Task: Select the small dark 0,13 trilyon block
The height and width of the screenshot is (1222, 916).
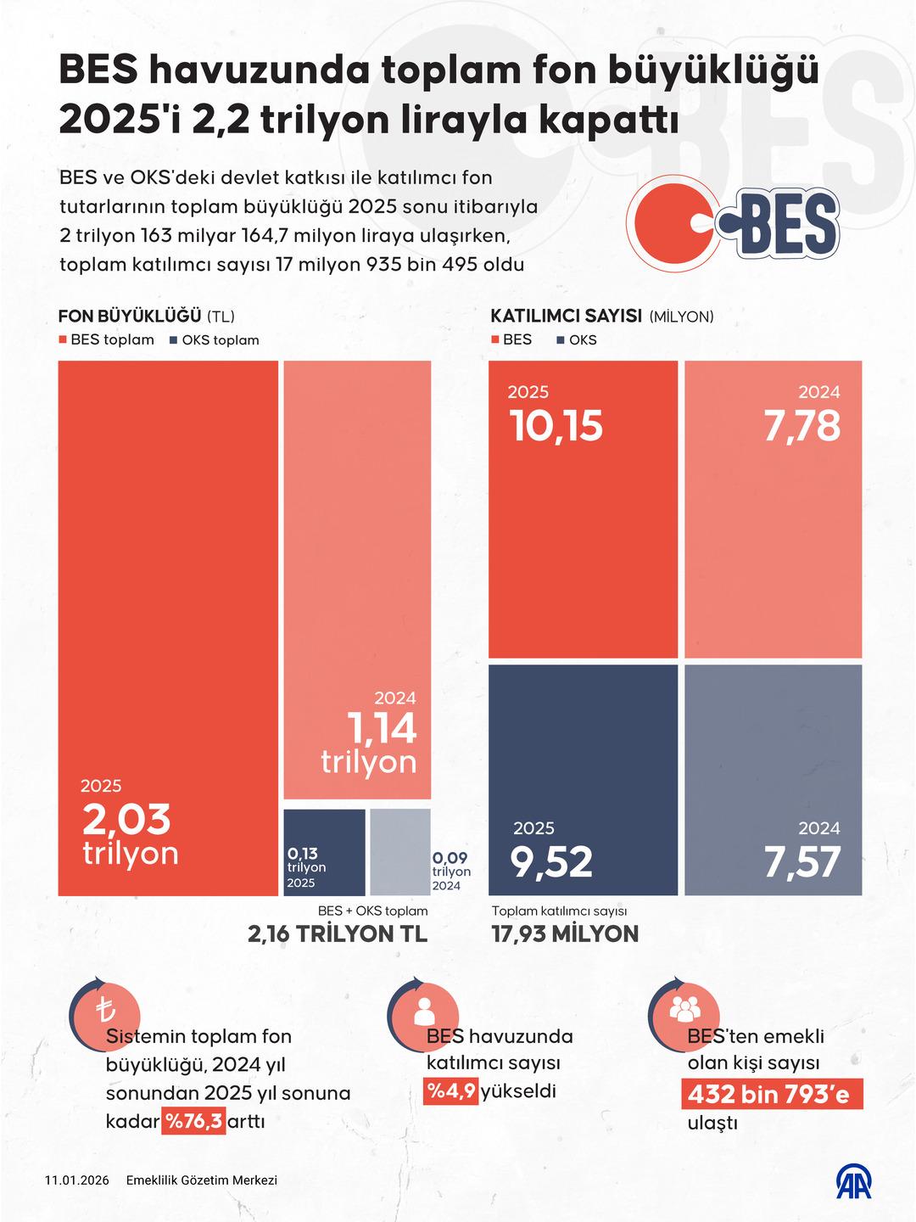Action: coord(324,852)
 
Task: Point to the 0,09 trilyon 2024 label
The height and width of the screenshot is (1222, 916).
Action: coord(450,871)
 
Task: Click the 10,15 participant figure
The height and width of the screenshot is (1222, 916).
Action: coord(556,425)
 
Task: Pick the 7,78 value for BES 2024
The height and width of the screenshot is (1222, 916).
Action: coord(801,425)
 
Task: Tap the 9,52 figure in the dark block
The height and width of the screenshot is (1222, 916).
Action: coord(551,862)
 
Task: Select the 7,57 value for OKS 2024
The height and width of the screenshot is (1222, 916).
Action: coord(801,862)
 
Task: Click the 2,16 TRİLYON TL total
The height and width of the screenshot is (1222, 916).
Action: coord(338,934)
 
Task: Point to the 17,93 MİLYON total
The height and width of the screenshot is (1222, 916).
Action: coord(565,934)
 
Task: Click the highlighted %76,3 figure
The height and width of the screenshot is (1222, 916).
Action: coord(194,1121)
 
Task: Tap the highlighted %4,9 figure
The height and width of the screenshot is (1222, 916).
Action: coord(451,1090)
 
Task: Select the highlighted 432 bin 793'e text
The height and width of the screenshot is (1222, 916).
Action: coord(771,1095)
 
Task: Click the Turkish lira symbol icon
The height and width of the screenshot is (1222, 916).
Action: coord(105,1011)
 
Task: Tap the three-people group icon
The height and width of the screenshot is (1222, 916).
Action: coord(684,1009)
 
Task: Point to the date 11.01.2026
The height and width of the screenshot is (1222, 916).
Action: coord(77,1180)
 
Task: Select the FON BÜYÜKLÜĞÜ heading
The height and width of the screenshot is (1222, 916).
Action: coord(130,317)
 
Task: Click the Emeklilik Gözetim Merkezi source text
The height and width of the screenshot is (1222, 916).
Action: coord(201,1180)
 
